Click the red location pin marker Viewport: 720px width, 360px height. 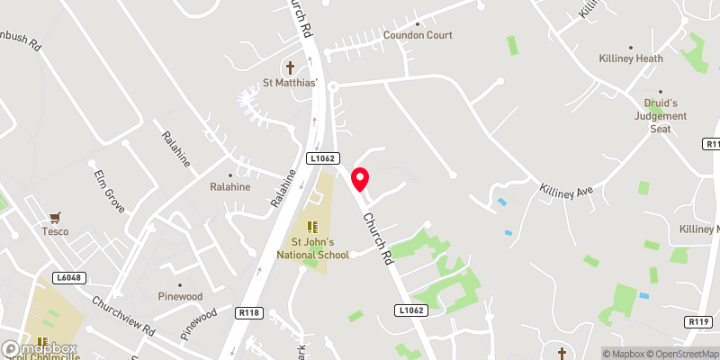coord(360,179)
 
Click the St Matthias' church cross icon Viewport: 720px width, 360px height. coord(291,67)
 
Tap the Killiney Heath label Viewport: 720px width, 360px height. coord(631,58)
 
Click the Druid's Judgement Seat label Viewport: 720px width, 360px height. coord(661,116)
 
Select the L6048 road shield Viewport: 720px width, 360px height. coord(67,278)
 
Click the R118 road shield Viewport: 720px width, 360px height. coord(249,312)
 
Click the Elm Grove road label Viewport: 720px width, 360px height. coord(109,184)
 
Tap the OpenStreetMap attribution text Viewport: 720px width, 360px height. coord(680,354)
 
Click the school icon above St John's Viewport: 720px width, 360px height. coord(312,227)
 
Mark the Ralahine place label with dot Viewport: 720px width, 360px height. coord(230,187)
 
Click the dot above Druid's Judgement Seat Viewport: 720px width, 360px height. coord(661,91)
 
